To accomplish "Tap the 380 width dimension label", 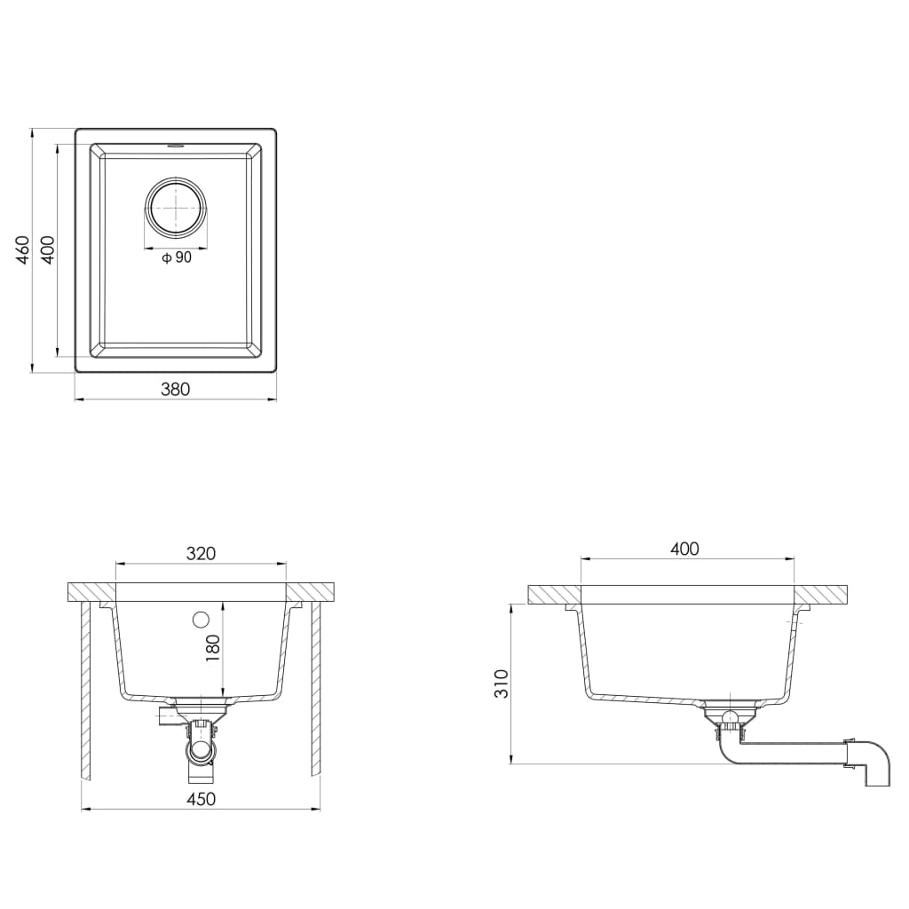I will click(175, 388).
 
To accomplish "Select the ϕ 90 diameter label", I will click(177, 257).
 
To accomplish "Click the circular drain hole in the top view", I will click(177, 208).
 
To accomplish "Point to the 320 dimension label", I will click(201, 553).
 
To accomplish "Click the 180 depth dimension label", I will click(212, 649).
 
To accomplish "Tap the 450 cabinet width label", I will click(201, 799).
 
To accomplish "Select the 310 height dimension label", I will click(502, 683).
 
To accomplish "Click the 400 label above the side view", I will click(684, 549).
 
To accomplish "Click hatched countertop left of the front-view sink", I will click(91, 591).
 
